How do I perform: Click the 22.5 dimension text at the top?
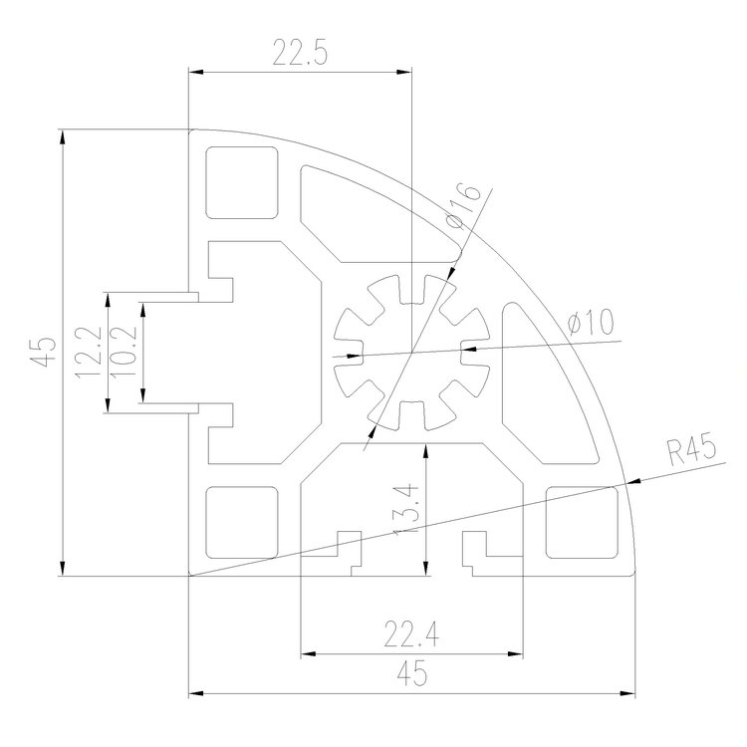pyautogui.click(x=299, y=53)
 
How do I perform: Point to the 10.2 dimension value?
pyautogui.click(x=122, y=354)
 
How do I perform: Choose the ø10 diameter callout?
pyautogui.click(x=590, y=323)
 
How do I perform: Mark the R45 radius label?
pyautogui.click(x=691, y=451)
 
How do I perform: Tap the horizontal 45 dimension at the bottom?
pyautogui.click(x=411, y=674)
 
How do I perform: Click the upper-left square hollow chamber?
pyautogui.click(x=241, y=182)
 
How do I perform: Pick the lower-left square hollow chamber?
pyautogui.click(x=241, y=521)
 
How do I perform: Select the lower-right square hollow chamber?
pyautogui.click(x=582, y=520)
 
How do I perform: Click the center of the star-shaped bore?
pyautogui.click(x=410, y=352)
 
